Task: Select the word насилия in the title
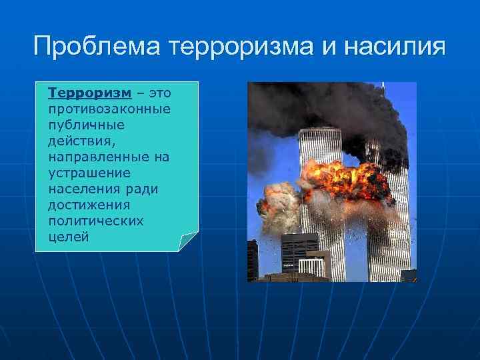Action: pos(399,48)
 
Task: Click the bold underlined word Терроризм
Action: pos(89,92)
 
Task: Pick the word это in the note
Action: pos(159,92)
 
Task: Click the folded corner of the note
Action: pos(189,242)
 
